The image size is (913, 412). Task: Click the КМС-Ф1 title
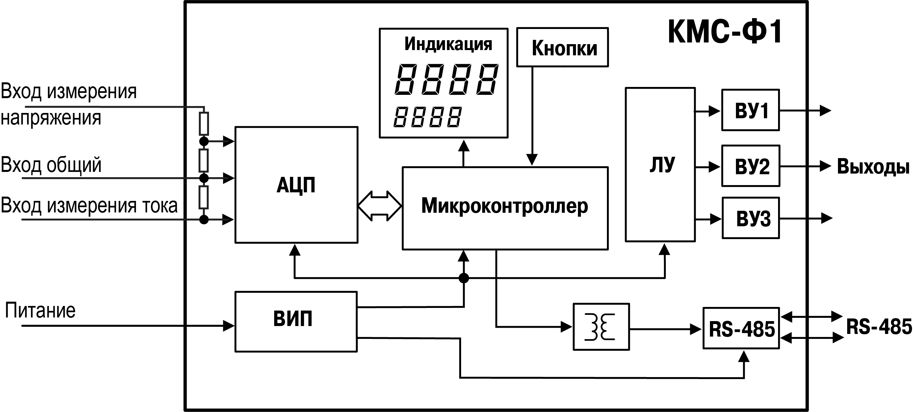[725, 32]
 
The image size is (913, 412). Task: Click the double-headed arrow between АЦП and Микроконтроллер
[379, 206]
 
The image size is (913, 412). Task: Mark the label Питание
[40, 310]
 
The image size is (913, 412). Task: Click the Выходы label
[873, 167]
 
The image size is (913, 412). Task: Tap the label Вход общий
[51, 165]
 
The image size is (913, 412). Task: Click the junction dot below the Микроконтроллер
[464, 278]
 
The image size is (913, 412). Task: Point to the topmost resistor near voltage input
[204, 124]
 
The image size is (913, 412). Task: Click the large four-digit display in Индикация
[447, 79]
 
